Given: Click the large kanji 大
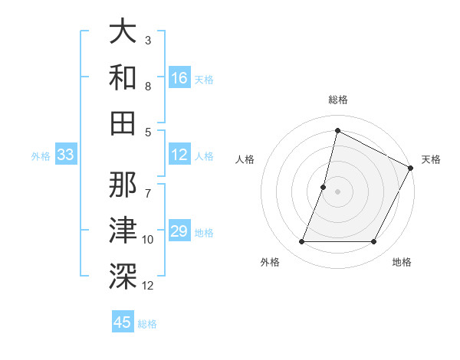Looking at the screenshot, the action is [x=123, y=32].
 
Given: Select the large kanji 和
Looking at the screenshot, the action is [x=123, y=77].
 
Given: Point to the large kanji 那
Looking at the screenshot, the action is [x=123, y=185].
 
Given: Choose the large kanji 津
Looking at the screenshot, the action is [x=123, y=230].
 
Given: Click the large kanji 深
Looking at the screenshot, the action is [x=123, y=275].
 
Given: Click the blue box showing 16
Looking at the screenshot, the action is [x=179, y=77].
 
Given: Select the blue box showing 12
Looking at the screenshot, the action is [x=179, y=155].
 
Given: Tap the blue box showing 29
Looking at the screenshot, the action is [x=179, y=231].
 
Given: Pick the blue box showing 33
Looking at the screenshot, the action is [x=65, y=155].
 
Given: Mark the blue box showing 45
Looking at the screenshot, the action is [x=123, y=322].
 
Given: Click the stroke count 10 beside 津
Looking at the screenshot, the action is [x=148, y=240].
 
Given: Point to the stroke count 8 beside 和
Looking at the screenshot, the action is [x=148, y=87].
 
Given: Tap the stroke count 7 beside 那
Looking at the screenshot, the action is [x=148, y=185].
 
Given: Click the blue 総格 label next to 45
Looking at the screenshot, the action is [x=147, y=324].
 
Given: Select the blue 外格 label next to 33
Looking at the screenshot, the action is [x=41, y=156].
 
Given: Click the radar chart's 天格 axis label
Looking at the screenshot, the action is [x=431, y=159].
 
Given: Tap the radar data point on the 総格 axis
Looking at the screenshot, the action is [x=337, y=130].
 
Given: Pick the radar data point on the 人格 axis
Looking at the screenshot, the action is [x=324, y=187].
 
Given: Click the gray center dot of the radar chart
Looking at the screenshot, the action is [x=337, y=191].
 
